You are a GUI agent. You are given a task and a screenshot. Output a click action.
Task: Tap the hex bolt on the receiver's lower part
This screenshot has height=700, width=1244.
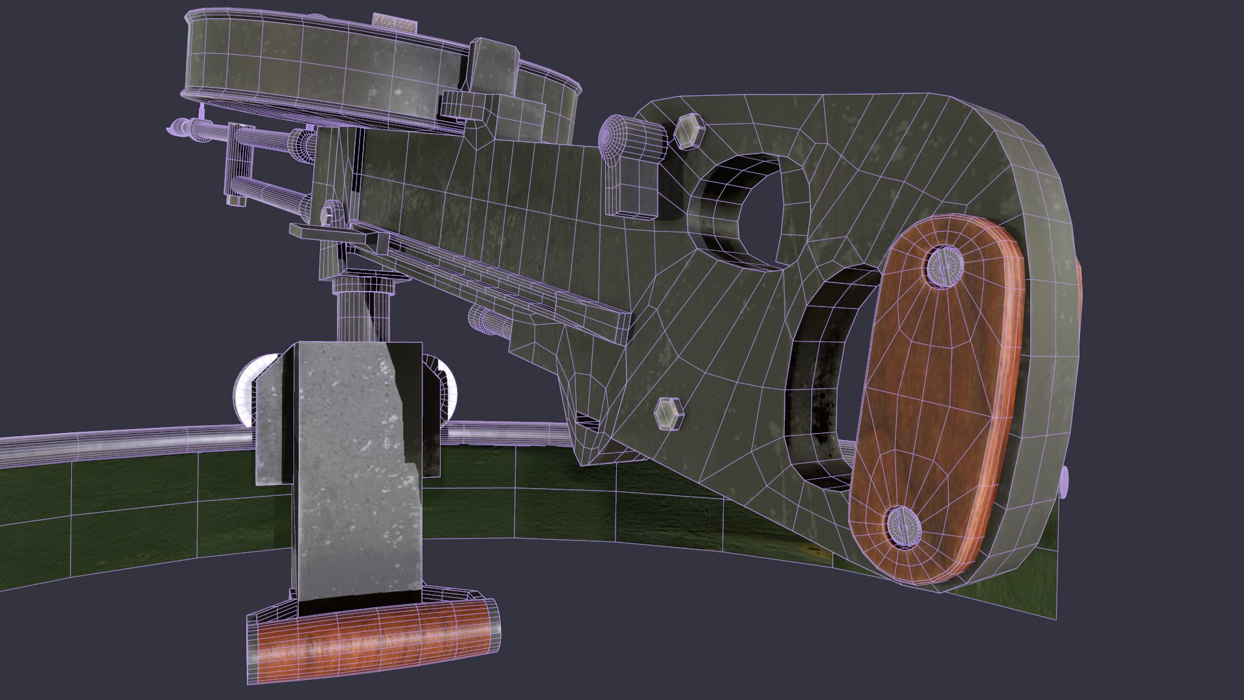[669, 414]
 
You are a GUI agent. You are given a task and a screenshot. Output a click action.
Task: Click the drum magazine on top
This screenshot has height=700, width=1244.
[324, 71]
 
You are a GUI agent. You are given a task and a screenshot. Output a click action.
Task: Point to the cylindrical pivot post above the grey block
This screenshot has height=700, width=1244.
[363, 311]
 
